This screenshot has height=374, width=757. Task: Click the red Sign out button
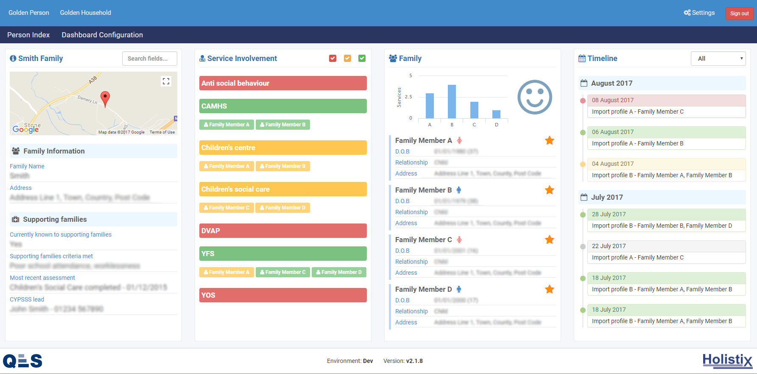739,14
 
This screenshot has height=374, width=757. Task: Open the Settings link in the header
699,13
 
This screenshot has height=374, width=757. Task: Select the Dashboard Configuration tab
102,35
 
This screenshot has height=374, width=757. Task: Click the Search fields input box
149,59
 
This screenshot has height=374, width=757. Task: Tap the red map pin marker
105,98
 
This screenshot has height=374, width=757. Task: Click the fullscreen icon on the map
166,81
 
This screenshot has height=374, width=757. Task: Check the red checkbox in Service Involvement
332,59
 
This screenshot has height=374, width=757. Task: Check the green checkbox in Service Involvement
362,59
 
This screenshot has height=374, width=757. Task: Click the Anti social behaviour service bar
283,83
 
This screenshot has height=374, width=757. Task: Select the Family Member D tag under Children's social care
282,208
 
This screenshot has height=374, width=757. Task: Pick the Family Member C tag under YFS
282,272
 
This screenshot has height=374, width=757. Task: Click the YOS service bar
283,295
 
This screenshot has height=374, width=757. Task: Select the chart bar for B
452,102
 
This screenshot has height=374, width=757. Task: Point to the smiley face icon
534,97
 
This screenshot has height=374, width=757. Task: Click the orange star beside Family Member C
549,240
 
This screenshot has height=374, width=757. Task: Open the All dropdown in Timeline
718,59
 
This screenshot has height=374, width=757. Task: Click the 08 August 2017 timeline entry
666,100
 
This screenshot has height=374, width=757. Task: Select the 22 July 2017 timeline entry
666,246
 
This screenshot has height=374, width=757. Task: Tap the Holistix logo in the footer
727,360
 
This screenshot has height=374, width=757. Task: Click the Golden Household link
85,13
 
